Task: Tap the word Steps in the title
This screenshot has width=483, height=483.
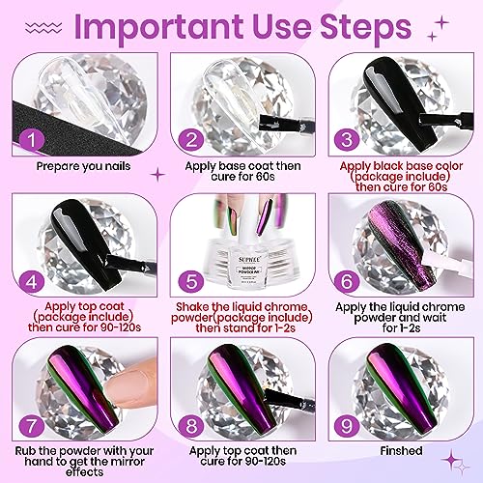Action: click(365, 26)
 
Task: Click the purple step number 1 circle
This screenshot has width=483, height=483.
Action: click(32, 139)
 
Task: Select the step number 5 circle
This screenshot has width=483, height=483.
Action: click(191, 280)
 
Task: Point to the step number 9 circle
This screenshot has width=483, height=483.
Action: click(347, 426)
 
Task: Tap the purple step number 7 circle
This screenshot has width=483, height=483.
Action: click(32, 426)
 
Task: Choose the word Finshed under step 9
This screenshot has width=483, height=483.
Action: click(401, 450)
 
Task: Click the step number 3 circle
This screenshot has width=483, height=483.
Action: click(347, 139)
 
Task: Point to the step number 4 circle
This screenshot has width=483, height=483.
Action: click(32, 282)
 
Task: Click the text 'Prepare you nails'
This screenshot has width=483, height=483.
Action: click(83, 166)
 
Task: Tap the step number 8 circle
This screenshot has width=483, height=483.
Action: click(191, 426)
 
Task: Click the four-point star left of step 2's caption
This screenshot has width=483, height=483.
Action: click(158, 175)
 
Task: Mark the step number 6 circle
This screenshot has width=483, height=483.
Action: click(347, 280)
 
